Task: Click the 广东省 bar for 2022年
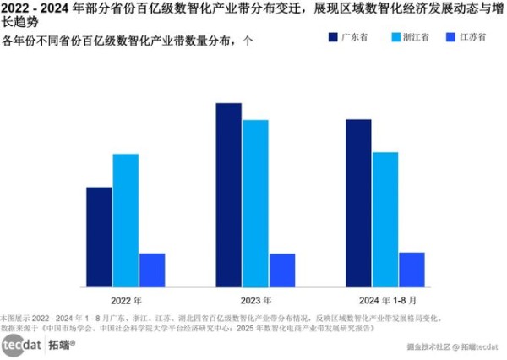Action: click(99, 236)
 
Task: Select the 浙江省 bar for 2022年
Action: click(125, 219)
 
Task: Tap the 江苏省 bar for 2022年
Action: click(152, 269)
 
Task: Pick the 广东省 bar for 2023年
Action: click(229, 194)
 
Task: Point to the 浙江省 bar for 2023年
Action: click(255, 202)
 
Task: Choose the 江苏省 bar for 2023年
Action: click(282, 269)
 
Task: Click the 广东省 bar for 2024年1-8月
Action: click(358, 202)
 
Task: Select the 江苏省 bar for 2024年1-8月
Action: click(412, 268)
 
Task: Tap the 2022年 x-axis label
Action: click(126, 300)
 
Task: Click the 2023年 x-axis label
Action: click(255, 300)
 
